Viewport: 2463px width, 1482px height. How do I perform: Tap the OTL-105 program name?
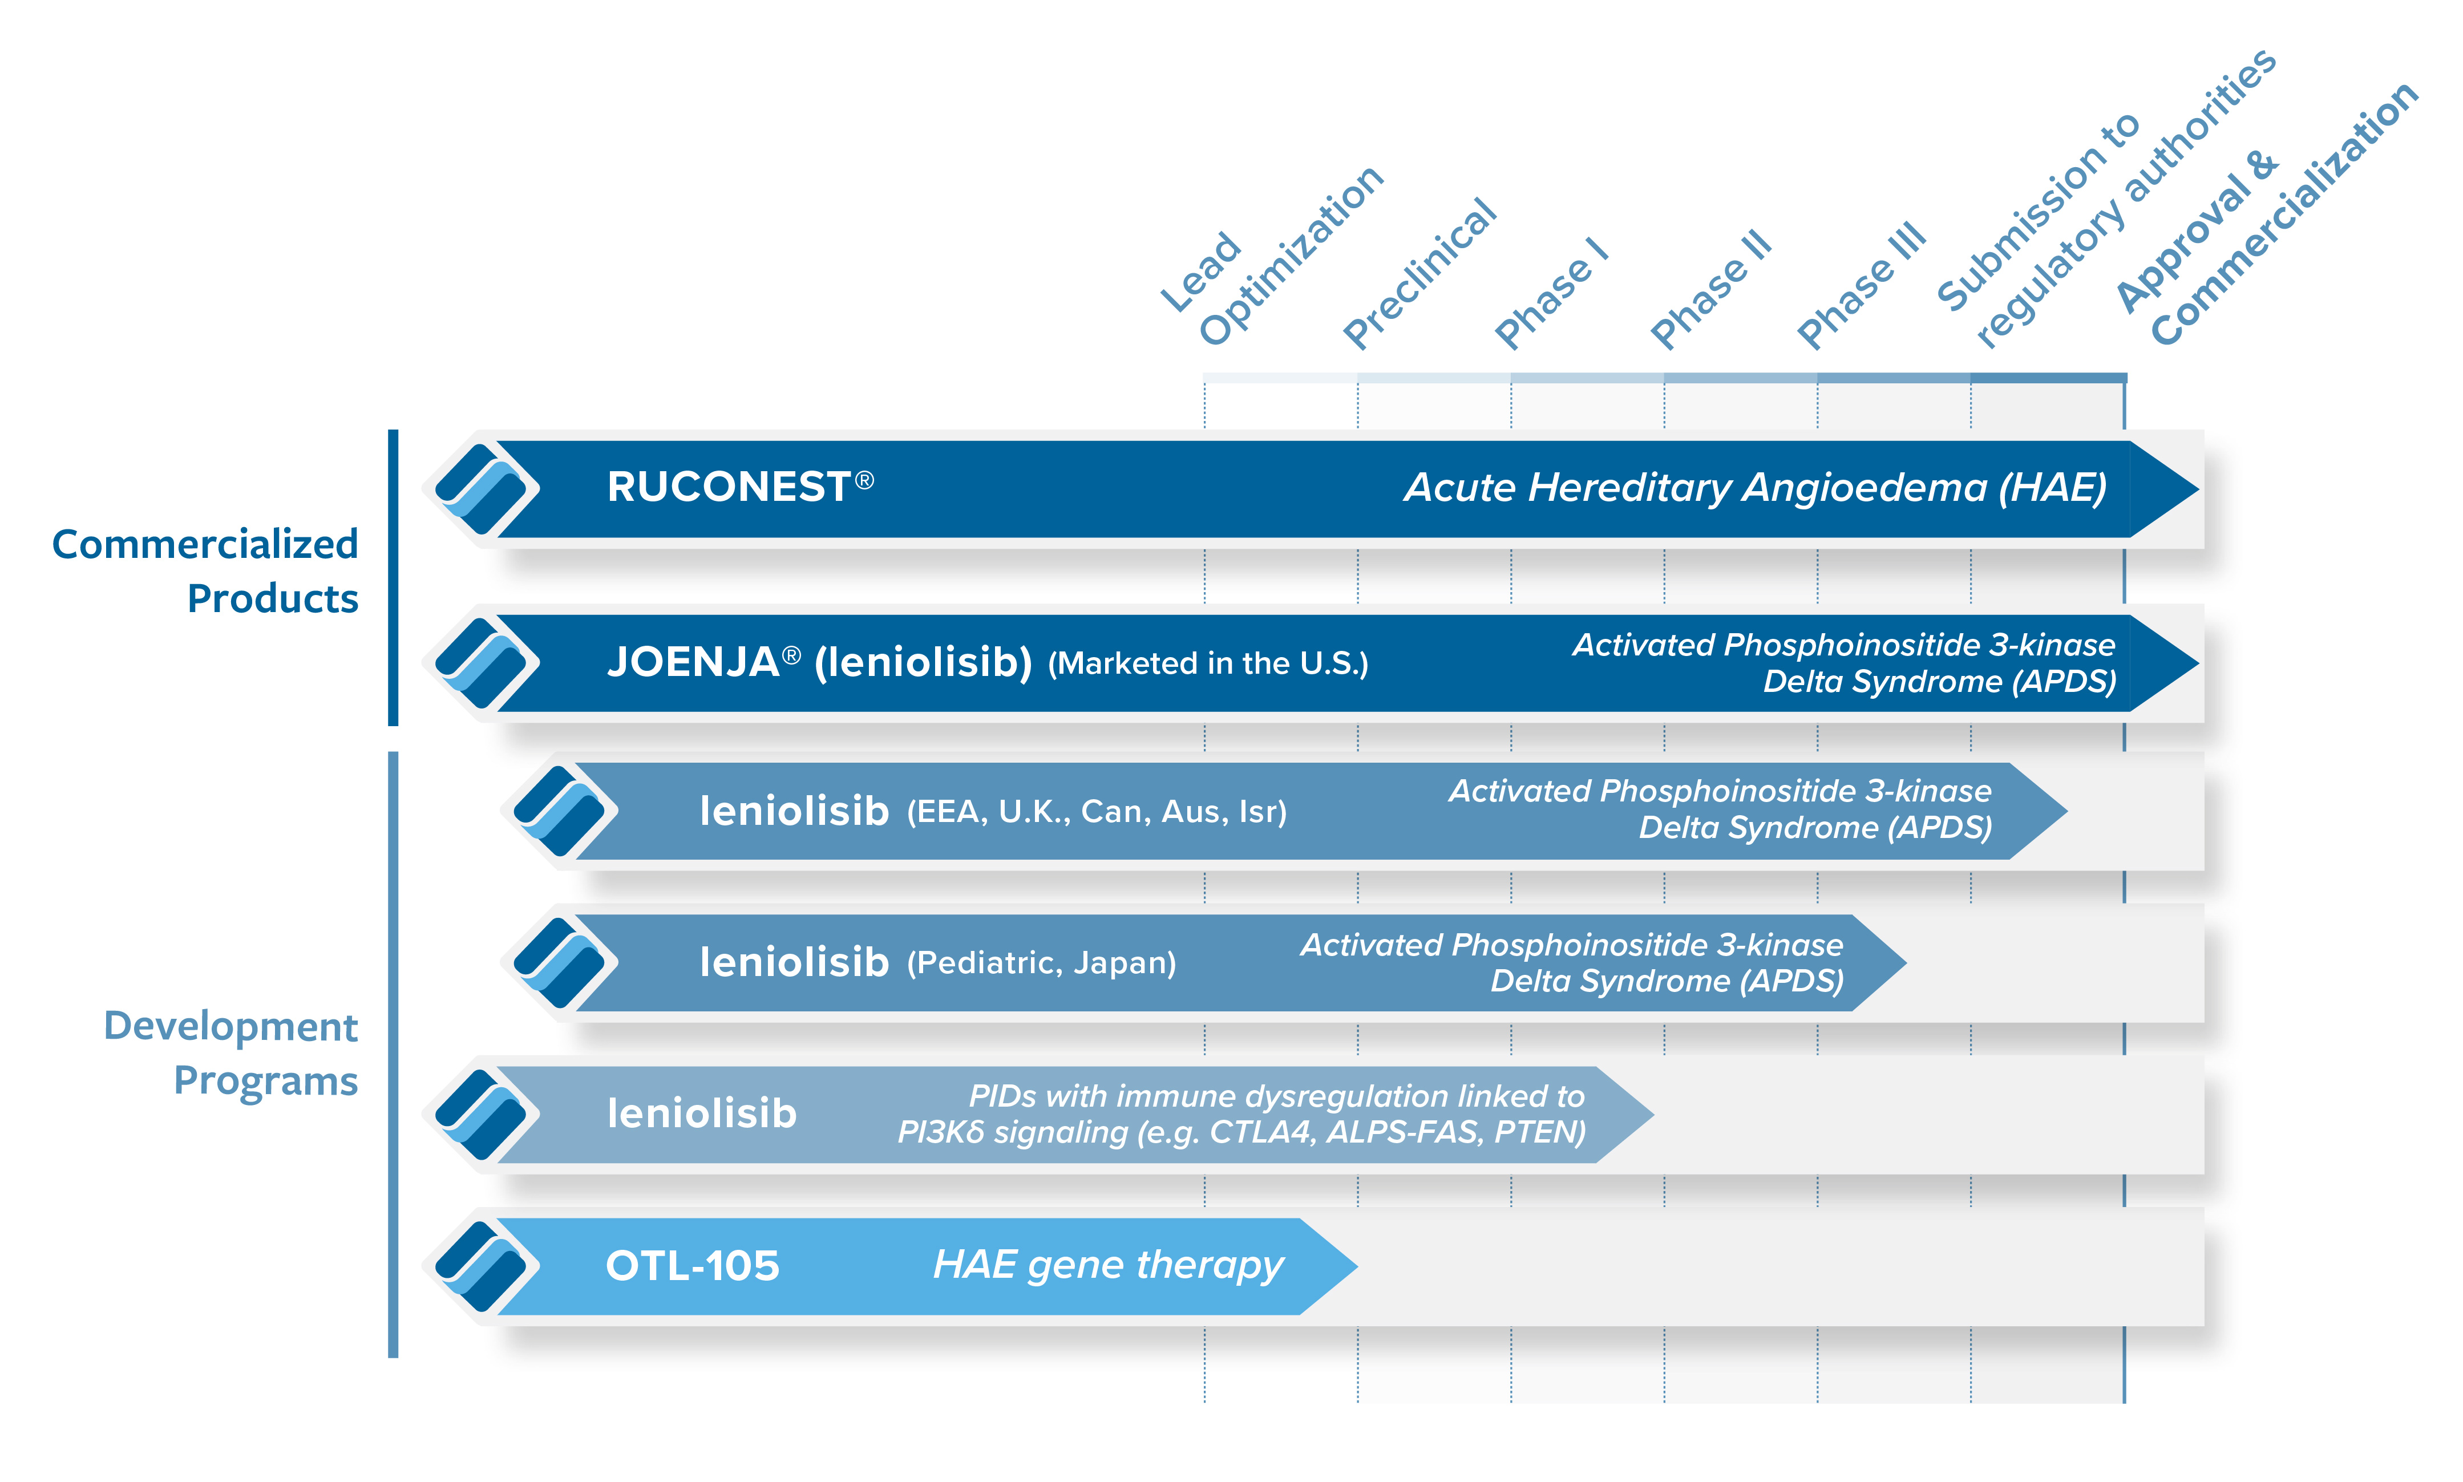coord(692,1266)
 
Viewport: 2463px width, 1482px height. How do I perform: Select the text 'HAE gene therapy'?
coord(1107,1265)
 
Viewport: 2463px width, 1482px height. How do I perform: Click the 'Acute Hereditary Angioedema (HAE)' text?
coord(1755,487)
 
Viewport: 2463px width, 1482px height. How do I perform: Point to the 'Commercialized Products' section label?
coord(205,570)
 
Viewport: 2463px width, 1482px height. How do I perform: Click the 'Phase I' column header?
coord(1551,294)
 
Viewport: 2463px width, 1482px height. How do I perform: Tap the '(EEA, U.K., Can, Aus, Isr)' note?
coord(1095,812)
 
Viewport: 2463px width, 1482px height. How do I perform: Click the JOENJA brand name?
coord(693,662)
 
